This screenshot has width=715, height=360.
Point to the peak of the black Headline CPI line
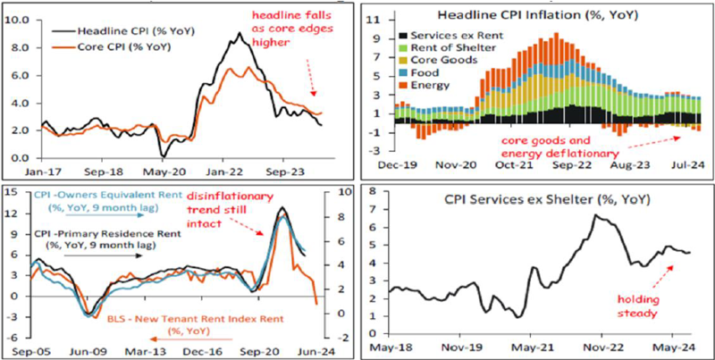[x=239, y=33]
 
